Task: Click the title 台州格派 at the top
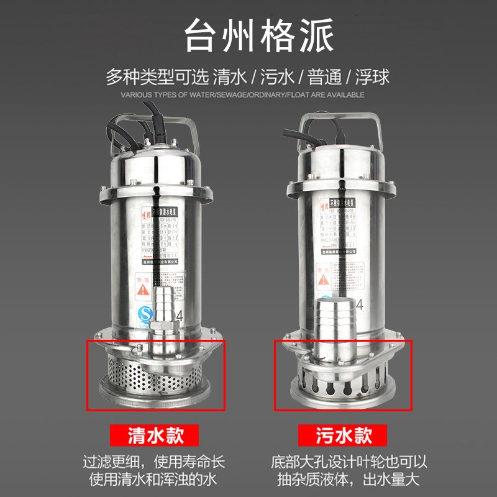click(248, 36)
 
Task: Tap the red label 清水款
click(155, 434)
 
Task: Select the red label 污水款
click(342, 434)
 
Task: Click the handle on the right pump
click(340, 118)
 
